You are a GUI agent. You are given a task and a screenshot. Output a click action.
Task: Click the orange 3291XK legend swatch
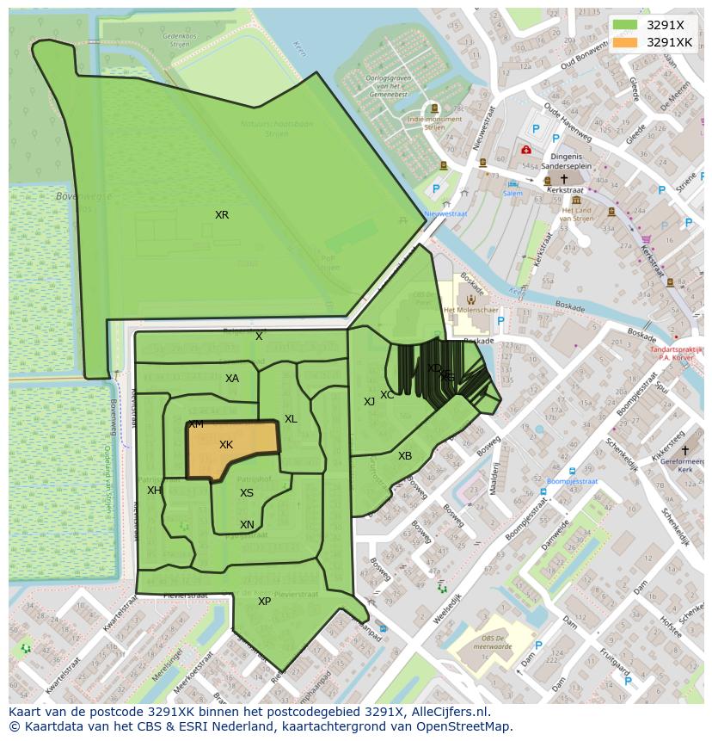(x=625, y=42)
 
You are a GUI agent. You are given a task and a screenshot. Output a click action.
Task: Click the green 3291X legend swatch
(x=625, y=24)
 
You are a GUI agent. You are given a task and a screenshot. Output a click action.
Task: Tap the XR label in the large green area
(x=222, y=215)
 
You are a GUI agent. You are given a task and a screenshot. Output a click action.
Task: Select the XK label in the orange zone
(x=226, y=445)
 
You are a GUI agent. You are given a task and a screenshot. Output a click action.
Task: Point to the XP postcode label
(x=264, y=602)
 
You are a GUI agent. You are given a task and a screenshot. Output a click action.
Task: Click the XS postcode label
(x=247, y=493)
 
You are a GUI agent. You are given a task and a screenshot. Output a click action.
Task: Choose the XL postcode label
(x=291, y=419)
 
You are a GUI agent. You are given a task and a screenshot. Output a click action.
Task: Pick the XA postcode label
(x=232, y=379)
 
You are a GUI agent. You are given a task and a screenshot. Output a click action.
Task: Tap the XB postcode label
(x=405, y=456)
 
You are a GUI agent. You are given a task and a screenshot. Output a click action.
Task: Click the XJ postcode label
(x=369, y=402)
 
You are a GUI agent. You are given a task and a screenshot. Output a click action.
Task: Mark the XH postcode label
(x=153, y=491)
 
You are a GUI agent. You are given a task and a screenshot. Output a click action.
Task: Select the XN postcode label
(x=247, y=525)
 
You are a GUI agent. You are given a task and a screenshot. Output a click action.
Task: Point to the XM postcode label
(x=196, y=424)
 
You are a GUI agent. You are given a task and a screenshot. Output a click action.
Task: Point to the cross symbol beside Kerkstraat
(x=564, y=179)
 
